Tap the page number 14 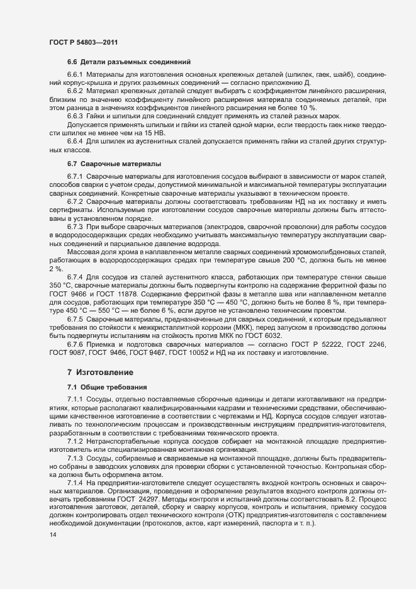coord(52,534)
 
